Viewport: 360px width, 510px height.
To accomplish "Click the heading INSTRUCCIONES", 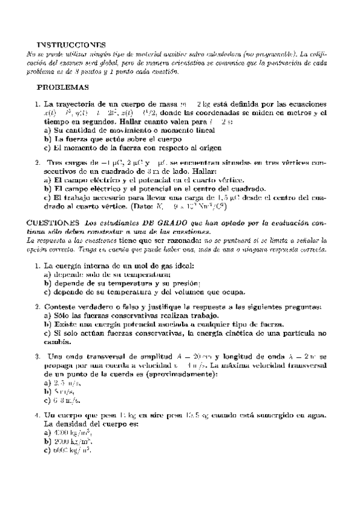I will (x=71, y=45).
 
